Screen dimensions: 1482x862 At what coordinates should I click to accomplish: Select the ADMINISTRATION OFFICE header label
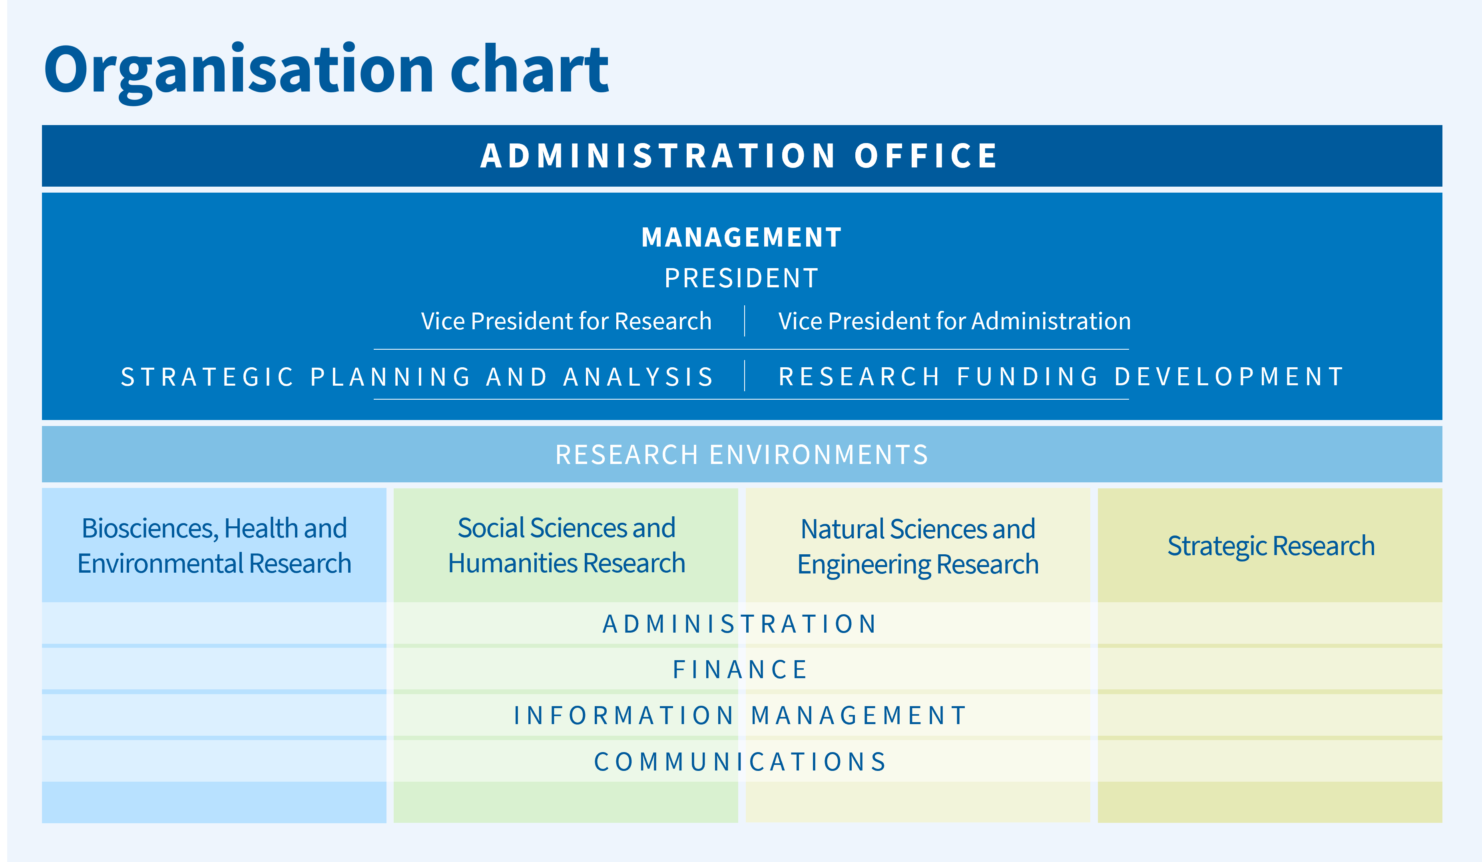pyautogui.click(x=740, y=156)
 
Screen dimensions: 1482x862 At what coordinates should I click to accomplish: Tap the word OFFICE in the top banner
pyautogui.click(x=926, y=156)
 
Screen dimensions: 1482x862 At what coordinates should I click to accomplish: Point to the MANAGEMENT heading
pyautogui.click(x=741, y=237)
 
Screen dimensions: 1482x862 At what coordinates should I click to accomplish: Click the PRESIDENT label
pyautogui.click(x=741, y=278)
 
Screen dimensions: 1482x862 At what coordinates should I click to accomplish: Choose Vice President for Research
pyautogui.click(x=566, y=321)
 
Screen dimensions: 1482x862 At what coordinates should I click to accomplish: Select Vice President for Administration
pyautogui.click(x=954, y=321)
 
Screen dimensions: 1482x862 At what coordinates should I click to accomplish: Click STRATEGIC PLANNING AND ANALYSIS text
pyautogui.click(x=418, y=377)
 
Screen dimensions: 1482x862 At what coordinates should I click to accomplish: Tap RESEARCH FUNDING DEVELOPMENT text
pyautogui.click(x=1062, y=377)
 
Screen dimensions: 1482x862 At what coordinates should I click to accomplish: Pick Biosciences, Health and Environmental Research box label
pyautogui.click(x=214, y=545)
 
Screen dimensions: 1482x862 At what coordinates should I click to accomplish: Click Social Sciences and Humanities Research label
pyautogui.click(x=566, y=545)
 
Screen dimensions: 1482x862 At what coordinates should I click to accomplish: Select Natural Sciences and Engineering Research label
pyautogui.click(x=918, y=547)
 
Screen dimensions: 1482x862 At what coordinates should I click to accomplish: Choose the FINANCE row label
pyautogui.click(x=741, y=670)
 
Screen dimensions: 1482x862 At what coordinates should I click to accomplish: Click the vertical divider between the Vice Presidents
pyautogui.click(x=745, y=321)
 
